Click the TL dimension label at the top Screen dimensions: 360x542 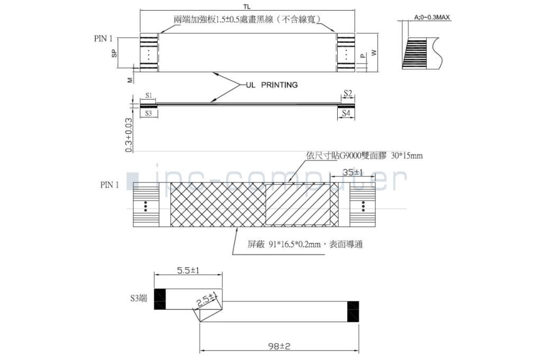[247, 6]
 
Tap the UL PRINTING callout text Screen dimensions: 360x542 [272, 85]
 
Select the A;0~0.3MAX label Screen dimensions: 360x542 [432, 17]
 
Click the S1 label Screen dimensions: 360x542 [149, 96]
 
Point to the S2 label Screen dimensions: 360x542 [347, 93]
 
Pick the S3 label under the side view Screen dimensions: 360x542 [149, 113]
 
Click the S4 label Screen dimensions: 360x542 [346, 113]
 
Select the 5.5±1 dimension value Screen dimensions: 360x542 [188, 270]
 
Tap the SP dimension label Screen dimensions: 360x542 [114, 53]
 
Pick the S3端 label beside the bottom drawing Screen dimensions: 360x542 [139, 299]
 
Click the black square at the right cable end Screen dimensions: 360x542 [353, 311]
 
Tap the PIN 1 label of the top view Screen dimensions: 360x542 [103, 38]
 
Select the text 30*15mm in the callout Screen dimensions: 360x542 [406, 156]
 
